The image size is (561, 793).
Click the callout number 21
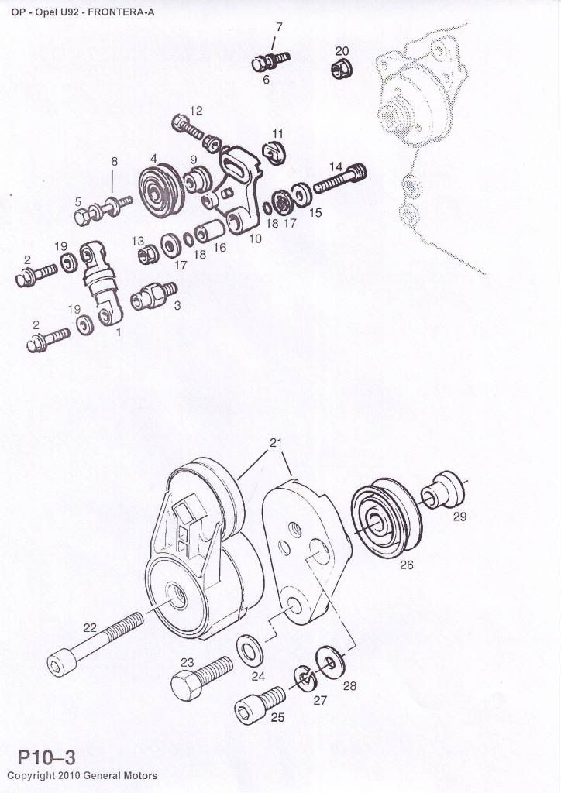click(276, 442)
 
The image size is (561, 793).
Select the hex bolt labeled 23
click(201, 678)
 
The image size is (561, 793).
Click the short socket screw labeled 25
click(260, 705)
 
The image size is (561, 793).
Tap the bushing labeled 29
click(441, 489)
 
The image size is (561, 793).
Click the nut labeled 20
click(342, 68)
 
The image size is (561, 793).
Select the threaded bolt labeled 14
click(340, 178)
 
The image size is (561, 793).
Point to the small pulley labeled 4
click(157, 191)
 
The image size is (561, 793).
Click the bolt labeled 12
click(188, 126)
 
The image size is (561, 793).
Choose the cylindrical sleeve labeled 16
click(210, 232)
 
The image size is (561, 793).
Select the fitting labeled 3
click(153, 296)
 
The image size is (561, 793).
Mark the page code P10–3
click(46, 757)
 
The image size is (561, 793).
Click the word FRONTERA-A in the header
click(121, 12)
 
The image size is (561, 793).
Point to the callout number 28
click(349, 686)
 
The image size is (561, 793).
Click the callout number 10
click(255, 238)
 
